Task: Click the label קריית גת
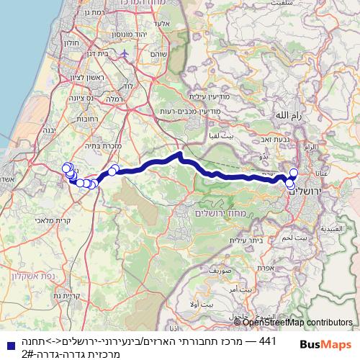click(x=66, y=295)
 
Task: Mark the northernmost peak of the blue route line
click(x=179, y=153)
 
